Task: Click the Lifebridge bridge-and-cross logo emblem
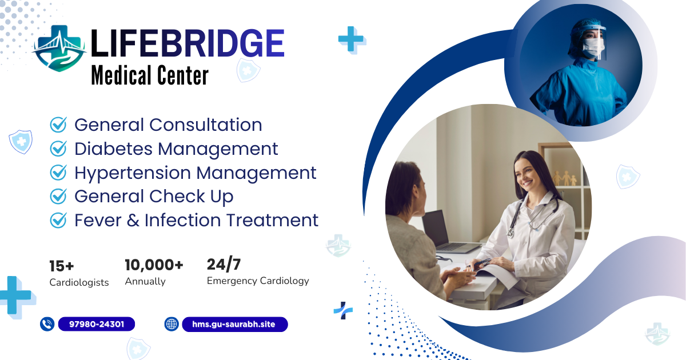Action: click(x=59, y=48)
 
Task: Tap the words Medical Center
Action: click(x=150, y=75)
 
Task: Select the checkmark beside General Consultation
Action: click(x=58, y=125)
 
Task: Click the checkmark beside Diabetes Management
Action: click(x=58, y=149)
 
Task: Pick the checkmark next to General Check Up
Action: click(x=58, y=196)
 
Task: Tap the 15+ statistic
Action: click(x=62, y=266)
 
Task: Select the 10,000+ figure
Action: click(x=154, y=265)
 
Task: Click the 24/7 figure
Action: click(x=224, y=264)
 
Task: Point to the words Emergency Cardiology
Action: click(x=258, y=281)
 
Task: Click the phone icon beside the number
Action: click(x=47, y=324)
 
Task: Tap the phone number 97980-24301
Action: click(x=97, y=324)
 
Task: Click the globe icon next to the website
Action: click(x=171, y=324)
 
